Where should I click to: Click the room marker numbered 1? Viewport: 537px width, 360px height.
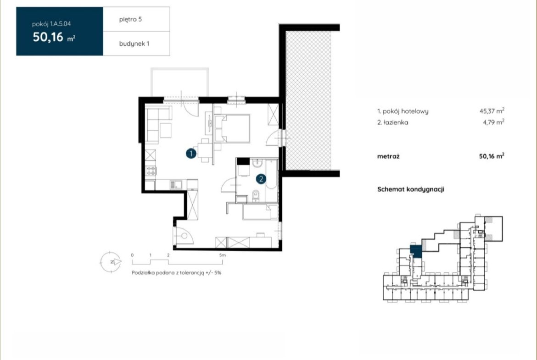[x=191, y=153]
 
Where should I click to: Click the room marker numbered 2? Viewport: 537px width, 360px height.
[x=261, y=179]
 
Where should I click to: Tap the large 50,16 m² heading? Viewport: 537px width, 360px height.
[x=54, y=37]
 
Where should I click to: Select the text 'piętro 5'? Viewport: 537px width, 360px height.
[x=130, y=20]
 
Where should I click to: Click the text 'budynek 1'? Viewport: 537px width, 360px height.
[x=134, y=44]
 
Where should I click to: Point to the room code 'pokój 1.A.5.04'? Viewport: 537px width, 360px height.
[x=51, y=24]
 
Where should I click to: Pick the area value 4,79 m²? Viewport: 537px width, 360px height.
[x=493, y=122]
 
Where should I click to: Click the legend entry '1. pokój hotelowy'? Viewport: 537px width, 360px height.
[x=403, y=111]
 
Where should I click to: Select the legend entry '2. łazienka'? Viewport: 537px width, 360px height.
[x=393, y=122]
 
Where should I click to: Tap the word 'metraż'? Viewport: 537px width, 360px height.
[x=388, y=156]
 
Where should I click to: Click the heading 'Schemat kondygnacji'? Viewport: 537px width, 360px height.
[x=411, y=189]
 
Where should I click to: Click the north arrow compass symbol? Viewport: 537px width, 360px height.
[x=111, y=262]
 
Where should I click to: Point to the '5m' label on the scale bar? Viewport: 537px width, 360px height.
[x=223, y=255]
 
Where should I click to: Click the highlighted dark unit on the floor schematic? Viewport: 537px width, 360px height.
[x=416, y=251]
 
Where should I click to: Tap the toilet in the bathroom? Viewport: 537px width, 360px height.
[x=256, y=195]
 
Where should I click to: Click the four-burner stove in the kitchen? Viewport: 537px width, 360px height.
[x=151, y=171]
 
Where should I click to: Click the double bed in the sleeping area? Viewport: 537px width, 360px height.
[x=232, y=128]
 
